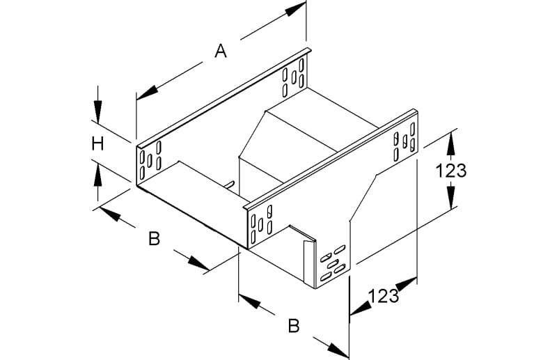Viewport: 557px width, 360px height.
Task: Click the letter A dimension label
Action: click(221, 51)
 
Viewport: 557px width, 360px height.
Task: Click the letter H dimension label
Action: click(97, 144)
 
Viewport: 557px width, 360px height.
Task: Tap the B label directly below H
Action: click(154, 239)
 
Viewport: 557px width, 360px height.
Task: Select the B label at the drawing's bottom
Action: click(294, 325)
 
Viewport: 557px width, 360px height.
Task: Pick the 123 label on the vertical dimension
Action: click(450, 171)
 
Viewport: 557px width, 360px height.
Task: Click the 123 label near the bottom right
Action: click(383, 296)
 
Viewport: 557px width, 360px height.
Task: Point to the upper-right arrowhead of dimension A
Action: click(295, 9)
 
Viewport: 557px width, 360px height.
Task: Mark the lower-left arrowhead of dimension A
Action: click(147, 93)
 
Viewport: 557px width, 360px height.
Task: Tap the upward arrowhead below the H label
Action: click(97, 176)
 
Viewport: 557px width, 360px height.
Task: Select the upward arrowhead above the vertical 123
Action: click(450, 143)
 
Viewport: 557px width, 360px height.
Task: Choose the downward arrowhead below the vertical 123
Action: click(450, 198)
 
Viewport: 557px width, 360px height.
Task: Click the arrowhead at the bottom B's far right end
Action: click(338, 350)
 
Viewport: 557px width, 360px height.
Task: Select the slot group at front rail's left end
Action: click(262, 224)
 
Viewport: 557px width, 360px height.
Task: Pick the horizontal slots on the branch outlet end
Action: click(333, 263)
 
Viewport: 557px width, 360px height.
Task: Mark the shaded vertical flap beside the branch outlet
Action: click(309, 263)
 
